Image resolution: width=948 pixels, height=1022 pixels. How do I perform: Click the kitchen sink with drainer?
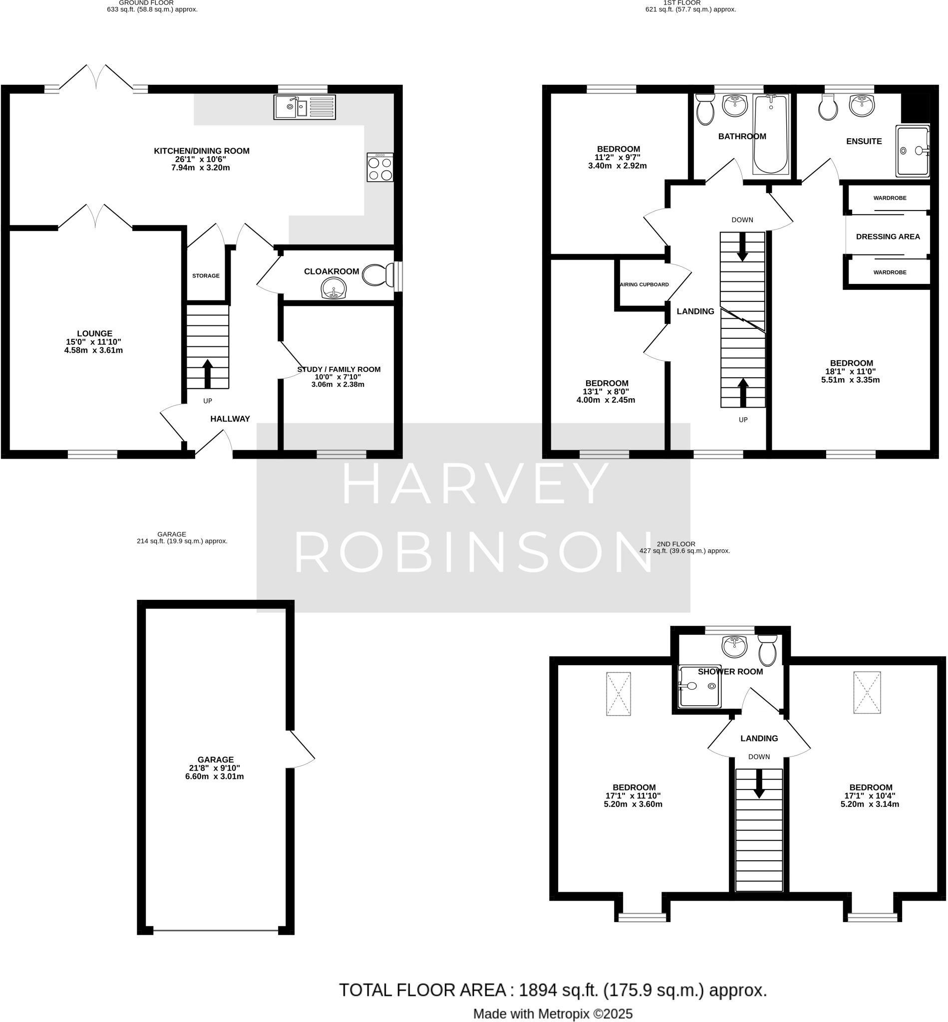(x=304, y=107)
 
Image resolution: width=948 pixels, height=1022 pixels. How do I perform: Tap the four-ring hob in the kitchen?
(x=380, y=168)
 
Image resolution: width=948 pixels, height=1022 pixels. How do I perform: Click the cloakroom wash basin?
(x=333, y=288)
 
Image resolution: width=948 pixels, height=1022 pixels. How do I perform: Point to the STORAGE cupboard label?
(x=206, y=276)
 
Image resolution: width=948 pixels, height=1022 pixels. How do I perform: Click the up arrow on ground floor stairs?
(x=207, y=373)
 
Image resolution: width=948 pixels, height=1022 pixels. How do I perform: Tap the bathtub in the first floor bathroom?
(x=770, y=134)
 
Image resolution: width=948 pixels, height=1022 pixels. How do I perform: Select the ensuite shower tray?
(x=913, y=151)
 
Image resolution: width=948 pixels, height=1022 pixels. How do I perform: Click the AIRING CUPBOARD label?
(x=644, y=284)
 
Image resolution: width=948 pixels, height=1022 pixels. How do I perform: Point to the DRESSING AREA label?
(x=888, y=237)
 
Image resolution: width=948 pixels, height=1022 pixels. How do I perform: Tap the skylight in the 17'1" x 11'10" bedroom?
(x=618, y=693)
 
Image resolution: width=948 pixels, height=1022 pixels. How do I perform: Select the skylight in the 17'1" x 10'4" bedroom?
(x=867, y=692)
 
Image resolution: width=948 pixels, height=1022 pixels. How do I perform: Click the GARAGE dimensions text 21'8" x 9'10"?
(x=215, y=768)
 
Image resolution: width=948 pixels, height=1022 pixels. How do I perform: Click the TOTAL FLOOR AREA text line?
(x=553, y=990)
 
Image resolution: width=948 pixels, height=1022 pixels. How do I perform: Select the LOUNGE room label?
(x=94, y=333)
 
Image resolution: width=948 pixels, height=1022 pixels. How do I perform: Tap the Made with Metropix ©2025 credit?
(x=553, y=1014)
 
